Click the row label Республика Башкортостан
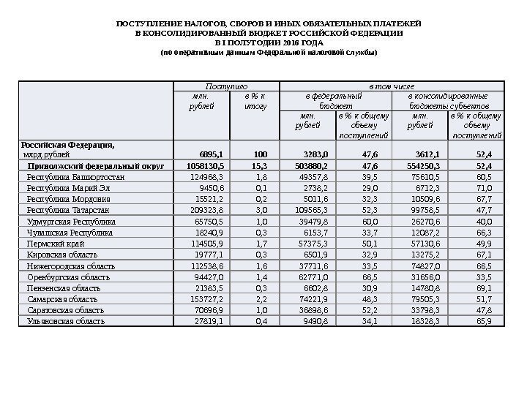[75, 177]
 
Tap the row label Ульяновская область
[66, 320]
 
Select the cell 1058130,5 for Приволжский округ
[201, 166]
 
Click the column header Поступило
[225, 86]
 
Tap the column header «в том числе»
[392, 86]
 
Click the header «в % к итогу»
[253, 101]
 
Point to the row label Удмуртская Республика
[71, 221]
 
